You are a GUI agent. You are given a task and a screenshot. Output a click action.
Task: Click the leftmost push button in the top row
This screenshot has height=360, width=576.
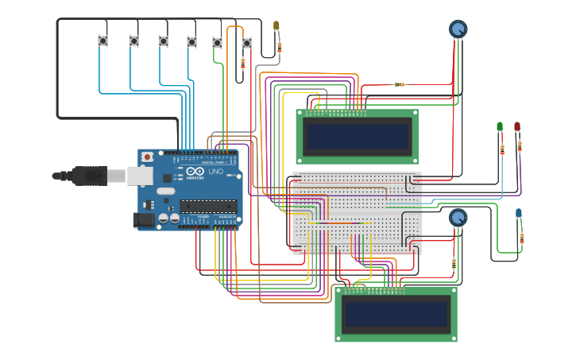click(x=102, y=41)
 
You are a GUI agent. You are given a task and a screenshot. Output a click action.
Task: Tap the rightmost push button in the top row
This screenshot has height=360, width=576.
click(x=246, y=43)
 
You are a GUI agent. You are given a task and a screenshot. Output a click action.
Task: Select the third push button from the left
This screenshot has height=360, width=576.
click(x=164, y=41)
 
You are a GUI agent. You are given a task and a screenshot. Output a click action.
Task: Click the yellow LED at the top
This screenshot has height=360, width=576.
click(x=276, y=26)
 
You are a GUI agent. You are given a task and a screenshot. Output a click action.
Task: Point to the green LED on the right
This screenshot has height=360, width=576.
click(x=500, y=126)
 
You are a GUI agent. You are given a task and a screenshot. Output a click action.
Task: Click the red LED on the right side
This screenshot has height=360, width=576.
click(x=517, y=126)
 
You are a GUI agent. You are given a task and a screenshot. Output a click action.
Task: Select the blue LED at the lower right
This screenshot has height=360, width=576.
click(x=519, y=213)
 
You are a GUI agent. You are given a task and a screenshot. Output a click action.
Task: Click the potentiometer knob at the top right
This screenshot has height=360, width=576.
click(x=458, y=29)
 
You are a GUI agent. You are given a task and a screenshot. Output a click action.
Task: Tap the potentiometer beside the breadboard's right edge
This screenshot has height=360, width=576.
click(x=458, y=217)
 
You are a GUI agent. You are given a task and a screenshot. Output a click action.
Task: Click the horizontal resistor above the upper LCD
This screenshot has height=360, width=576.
click(x=399, y=84)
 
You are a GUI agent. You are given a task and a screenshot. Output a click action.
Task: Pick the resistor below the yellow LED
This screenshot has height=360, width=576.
click(x=279, y=48)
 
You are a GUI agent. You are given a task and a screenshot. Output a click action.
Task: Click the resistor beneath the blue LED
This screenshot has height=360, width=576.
click(x=521, y=238)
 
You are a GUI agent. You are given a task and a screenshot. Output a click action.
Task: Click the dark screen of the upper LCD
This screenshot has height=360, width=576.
click(x=357, y=137)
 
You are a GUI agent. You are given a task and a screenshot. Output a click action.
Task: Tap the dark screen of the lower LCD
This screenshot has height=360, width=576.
click(x=396, y=314)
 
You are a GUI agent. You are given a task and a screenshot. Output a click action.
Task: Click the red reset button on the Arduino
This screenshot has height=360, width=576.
click(x=147, y=157)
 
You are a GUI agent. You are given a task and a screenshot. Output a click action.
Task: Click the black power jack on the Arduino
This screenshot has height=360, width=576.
click(x=144, y=219)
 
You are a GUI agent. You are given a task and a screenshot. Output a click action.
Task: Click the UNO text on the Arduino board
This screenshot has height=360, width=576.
click(x=215, y=171)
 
